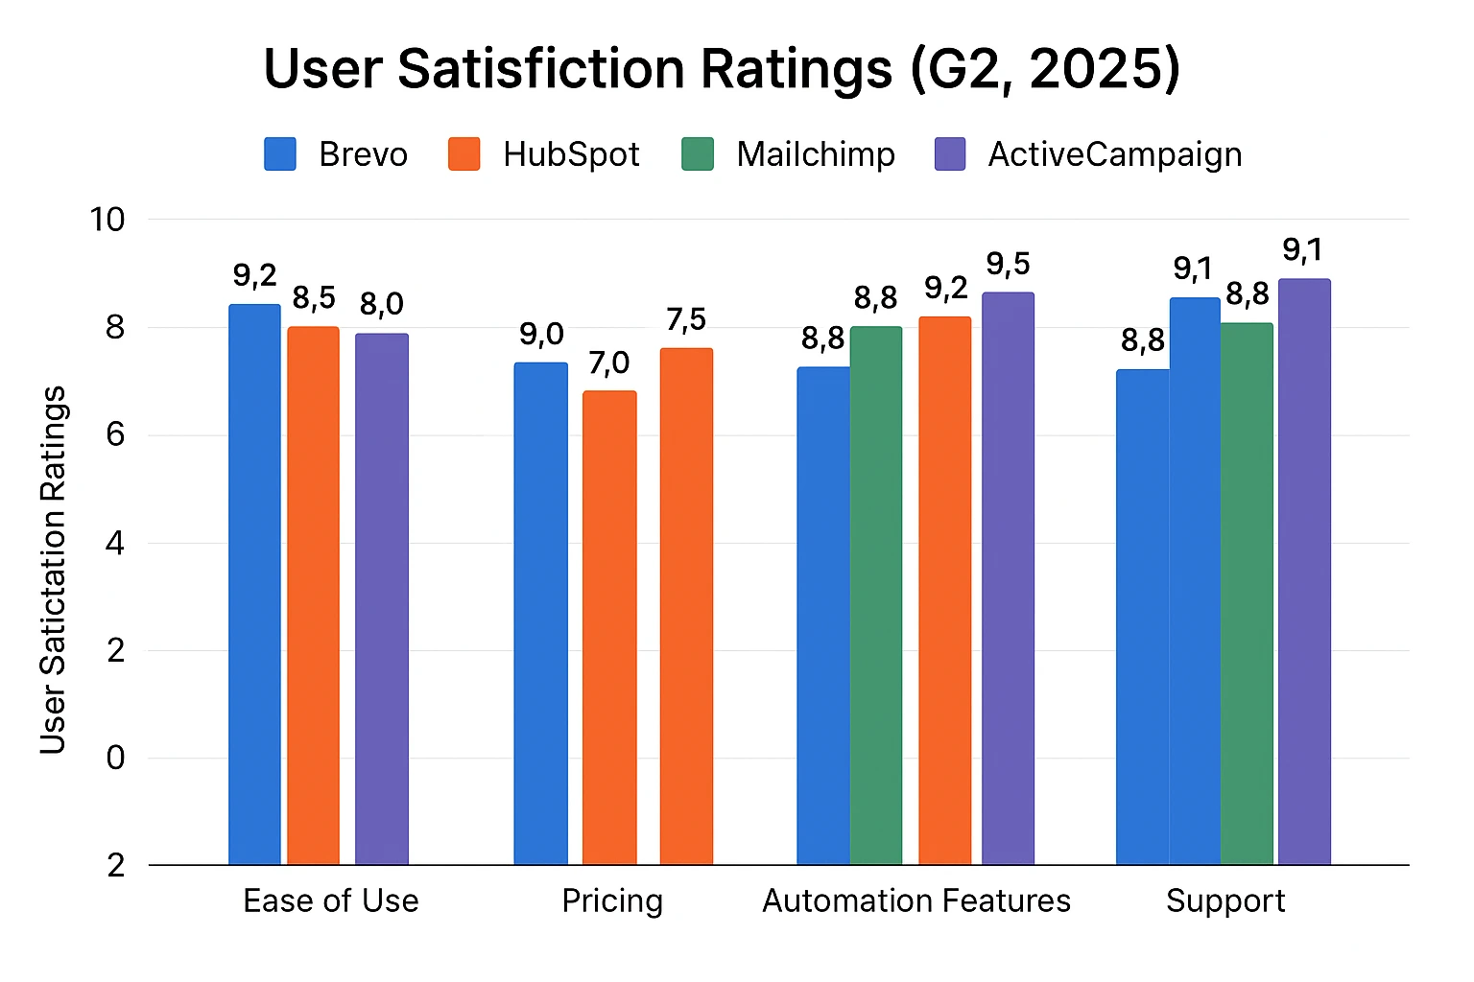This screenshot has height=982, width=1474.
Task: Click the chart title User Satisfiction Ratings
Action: (722, 69)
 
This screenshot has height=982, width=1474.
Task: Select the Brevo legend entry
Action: (336, 154)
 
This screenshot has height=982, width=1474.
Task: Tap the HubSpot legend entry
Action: (544, 154)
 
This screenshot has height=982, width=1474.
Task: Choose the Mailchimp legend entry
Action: (788, 154)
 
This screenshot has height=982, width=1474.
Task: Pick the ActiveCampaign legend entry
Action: (1088, 154)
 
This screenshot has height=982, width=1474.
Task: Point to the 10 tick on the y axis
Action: (107, 220)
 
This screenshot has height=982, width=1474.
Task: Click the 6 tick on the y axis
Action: (115, 435)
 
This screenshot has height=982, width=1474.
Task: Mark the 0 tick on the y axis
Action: (115, 758)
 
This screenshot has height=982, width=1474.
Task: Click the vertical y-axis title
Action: (54, 570)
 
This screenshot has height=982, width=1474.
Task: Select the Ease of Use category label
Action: (331, 901)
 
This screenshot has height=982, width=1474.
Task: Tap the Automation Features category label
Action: (916, 901)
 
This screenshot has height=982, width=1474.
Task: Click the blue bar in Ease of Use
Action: (254, 585)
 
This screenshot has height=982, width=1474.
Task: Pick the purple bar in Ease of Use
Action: (382, 599)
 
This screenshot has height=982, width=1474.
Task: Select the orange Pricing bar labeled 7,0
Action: (609, 628)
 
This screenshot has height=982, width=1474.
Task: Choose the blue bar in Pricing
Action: (540, 614)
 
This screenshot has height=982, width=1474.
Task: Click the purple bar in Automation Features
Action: (1008, 578)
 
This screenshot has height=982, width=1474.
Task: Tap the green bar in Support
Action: (1247, 595)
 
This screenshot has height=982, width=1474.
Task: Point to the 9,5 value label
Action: (1008, 264)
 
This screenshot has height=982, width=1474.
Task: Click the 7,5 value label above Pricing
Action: (686, 319)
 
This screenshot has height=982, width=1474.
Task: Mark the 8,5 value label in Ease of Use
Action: (314, 298)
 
